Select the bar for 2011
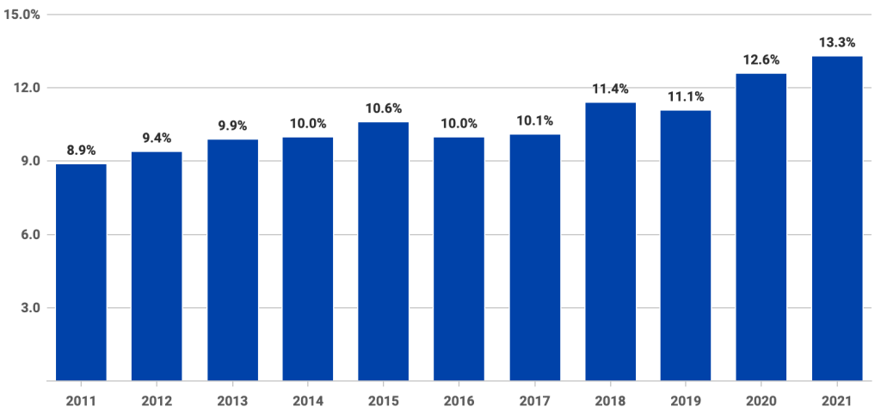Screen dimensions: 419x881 82,272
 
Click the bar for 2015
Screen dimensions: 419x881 384,251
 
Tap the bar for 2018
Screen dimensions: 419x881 610,242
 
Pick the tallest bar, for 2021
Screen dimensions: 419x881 837,219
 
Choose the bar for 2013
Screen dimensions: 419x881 232,260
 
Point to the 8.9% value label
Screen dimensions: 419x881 82,151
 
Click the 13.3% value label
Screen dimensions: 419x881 837,43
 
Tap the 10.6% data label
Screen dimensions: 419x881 384,108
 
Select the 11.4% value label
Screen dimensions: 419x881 610,89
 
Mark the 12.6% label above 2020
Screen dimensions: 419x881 761,60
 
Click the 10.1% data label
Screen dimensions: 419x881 534,120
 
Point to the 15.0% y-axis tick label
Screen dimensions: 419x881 22,15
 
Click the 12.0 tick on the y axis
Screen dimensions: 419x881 27,88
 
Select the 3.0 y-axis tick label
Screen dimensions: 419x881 30,308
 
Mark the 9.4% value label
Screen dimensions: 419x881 157,139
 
